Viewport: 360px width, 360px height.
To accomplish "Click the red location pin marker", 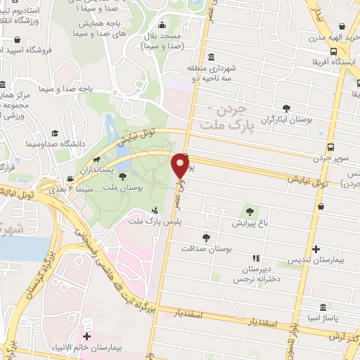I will click(181, 166).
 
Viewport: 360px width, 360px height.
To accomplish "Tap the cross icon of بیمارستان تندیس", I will click(316, 248).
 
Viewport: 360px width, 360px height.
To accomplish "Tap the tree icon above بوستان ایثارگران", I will click(286, 108).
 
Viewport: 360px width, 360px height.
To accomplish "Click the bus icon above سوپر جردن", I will click(331, 147).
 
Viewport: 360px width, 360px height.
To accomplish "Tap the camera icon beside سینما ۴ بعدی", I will click(70, 179).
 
